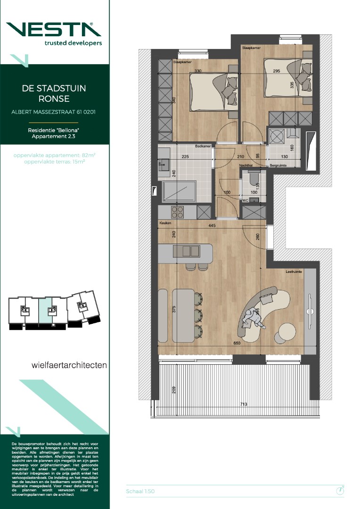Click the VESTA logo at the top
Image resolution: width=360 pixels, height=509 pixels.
click(x=55, y=29)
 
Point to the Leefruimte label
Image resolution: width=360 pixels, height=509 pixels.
click(x=293, y=272)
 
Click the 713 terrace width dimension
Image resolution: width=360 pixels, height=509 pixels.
click(x=244, y=404)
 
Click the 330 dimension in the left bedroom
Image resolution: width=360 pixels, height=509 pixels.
click(x=197, y=71)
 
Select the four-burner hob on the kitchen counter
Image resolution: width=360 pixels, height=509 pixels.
click(x=177, y=212)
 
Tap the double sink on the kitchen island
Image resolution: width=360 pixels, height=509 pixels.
click(x=188, y=250)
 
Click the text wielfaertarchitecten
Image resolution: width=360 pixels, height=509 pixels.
click(x=69, y=365)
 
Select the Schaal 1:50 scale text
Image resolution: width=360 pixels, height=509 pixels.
click(x=140, y=491)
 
